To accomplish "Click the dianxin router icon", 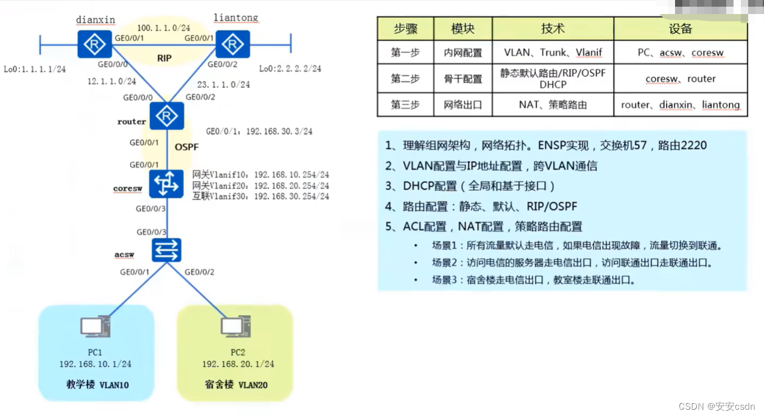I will [94, 44].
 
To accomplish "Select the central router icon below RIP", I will [167, 116].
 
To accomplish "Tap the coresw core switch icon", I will [167, 183].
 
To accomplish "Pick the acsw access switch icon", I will [167, 249].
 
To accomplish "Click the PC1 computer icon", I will [95, 327].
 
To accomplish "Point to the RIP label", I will [164, 59].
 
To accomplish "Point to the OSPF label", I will [186, 147].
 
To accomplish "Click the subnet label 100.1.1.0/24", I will [163, 28].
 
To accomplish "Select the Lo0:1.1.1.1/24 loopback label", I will [35, 69].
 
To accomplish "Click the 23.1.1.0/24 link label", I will [223, 85].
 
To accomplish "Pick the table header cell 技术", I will [553, 29].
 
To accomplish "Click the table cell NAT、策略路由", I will [553, 104].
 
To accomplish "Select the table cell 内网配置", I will [462, 53].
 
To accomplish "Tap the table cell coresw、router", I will [681, 79].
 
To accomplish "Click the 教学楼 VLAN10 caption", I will [97, 385].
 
